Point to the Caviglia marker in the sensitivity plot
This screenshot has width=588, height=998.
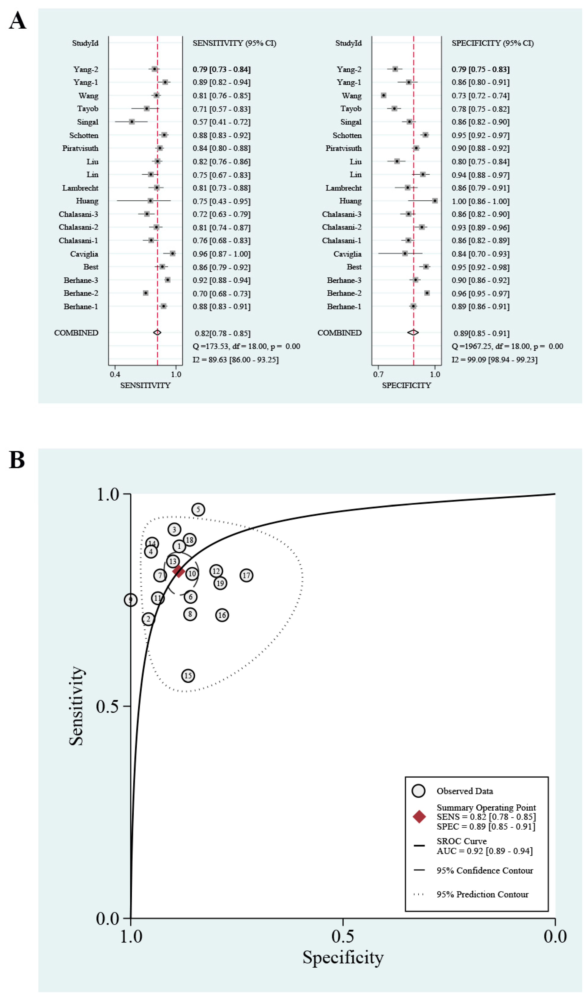(x=172, y=253)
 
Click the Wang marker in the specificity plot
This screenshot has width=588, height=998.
(x=384, y=95)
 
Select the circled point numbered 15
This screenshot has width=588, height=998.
(x=188, y=676)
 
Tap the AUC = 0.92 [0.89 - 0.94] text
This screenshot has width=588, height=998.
(x=484, y=851)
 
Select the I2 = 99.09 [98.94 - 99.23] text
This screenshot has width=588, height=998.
(x=494, y=360)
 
